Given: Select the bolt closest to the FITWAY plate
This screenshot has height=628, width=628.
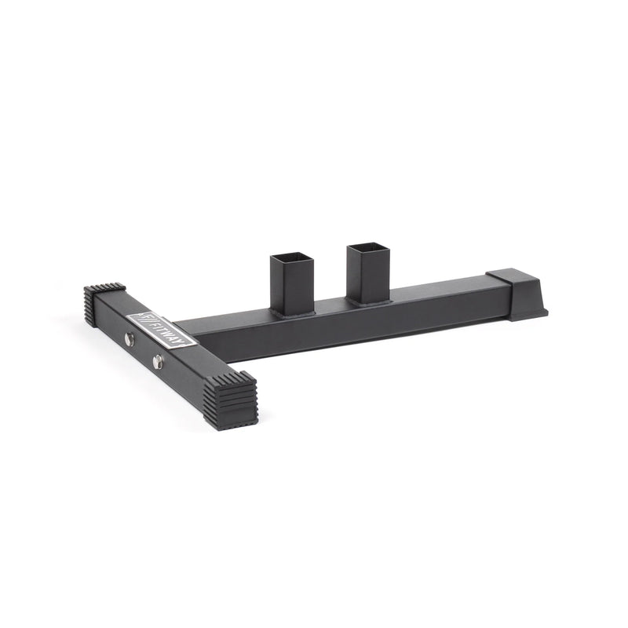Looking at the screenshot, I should pyautogui.click(x=129, y=339).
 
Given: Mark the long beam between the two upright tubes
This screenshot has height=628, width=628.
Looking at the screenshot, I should pyautogui.click(x=330, y=309).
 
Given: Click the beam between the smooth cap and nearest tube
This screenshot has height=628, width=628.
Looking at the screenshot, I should pyautogui.click(x=440, y=292).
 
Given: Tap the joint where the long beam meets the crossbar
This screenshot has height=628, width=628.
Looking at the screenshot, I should pyautogui.click(x=182, y=330).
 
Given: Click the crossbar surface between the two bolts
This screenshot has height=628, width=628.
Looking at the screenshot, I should pyautogui.click(x=144, y=352).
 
